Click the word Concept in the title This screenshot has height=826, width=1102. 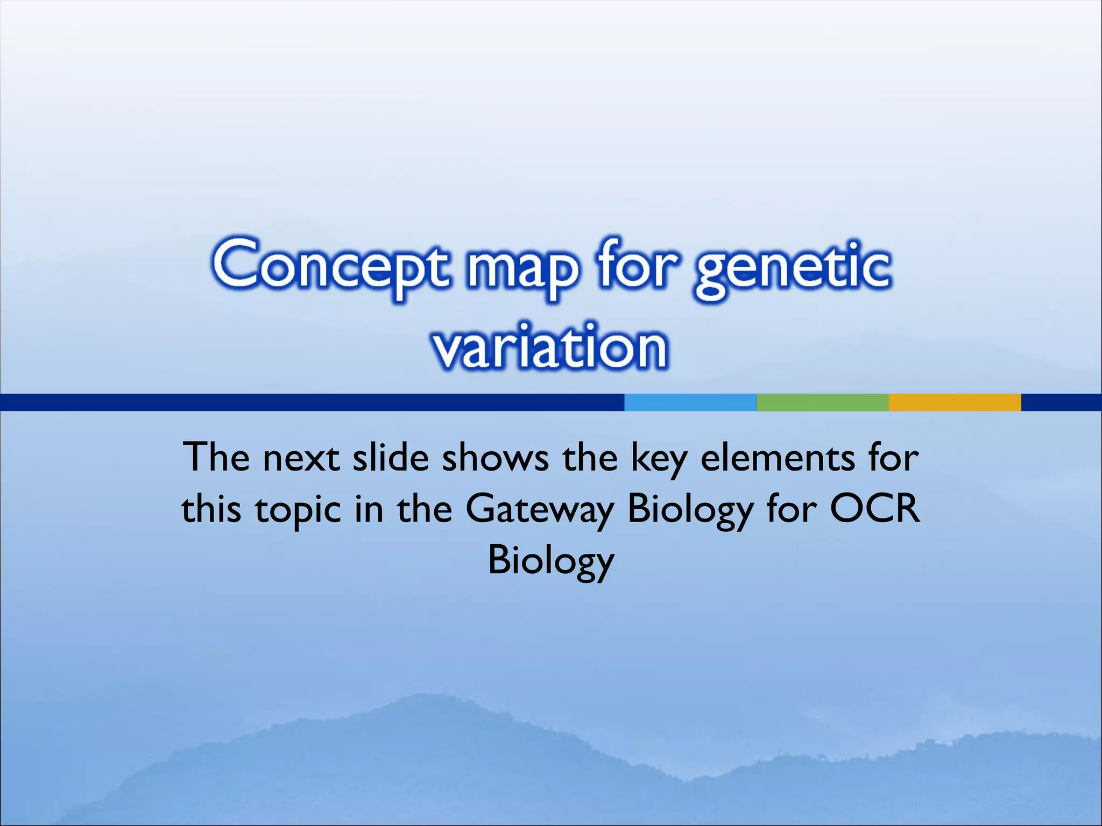coord(329,267)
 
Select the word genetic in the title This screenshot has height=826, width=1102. coord(792,269)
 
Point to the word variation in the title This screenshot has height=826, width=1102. coord(550,347)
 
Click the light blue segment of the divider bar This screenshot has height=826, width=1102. coord(690,402)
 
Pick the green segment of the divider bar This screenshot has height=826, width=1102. coord(822,402)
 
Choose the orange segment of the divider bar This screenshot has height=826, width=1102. coord(955,402)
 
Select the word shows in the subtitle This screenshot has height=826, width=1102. coord(495,457)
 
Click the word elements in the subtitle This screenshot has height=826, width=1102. coord(777,457)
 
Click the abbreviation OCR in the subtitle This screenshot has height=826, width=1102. coord(874,508)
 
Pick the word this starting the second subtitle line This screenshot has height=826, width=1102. coord(211,509)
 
